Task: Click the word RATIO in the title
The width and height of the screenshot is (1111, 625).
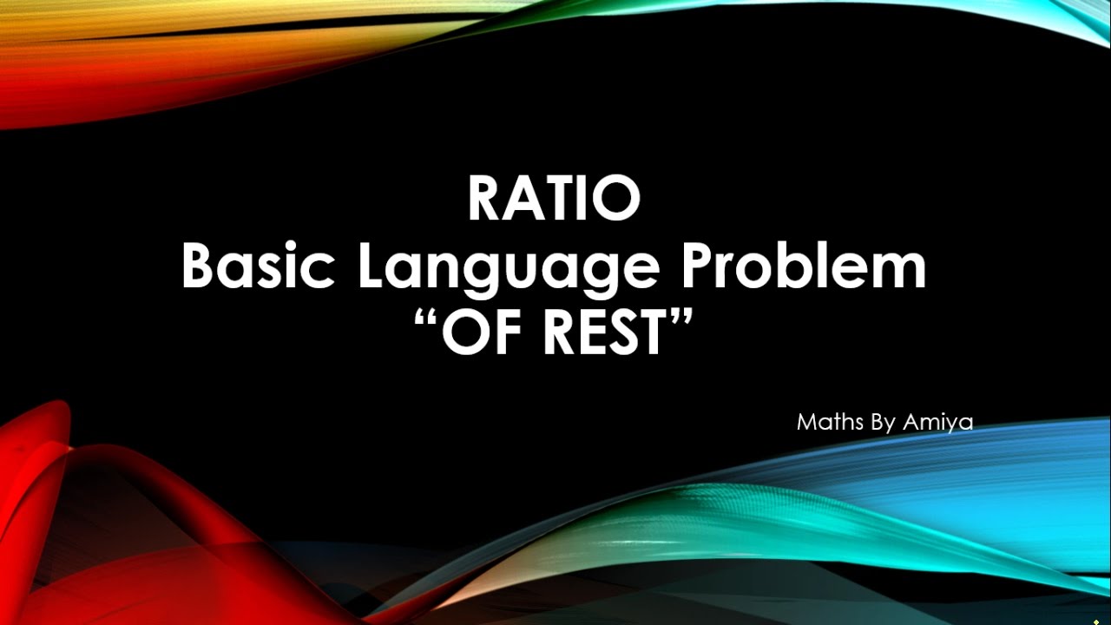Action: coord(554,199)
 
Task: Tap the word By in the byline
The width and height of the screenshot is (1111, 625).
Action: coord(884,424)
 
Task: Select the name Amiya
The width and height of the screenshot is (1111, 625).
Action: coord(938,424)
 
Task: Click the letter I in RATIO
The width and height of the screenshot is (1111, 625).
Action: coord(581,199)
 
